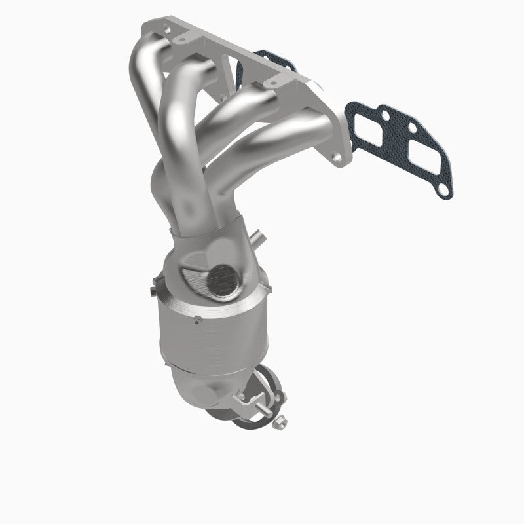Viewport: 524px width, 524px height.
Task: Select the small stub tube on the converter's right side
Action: click(259, 236)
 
